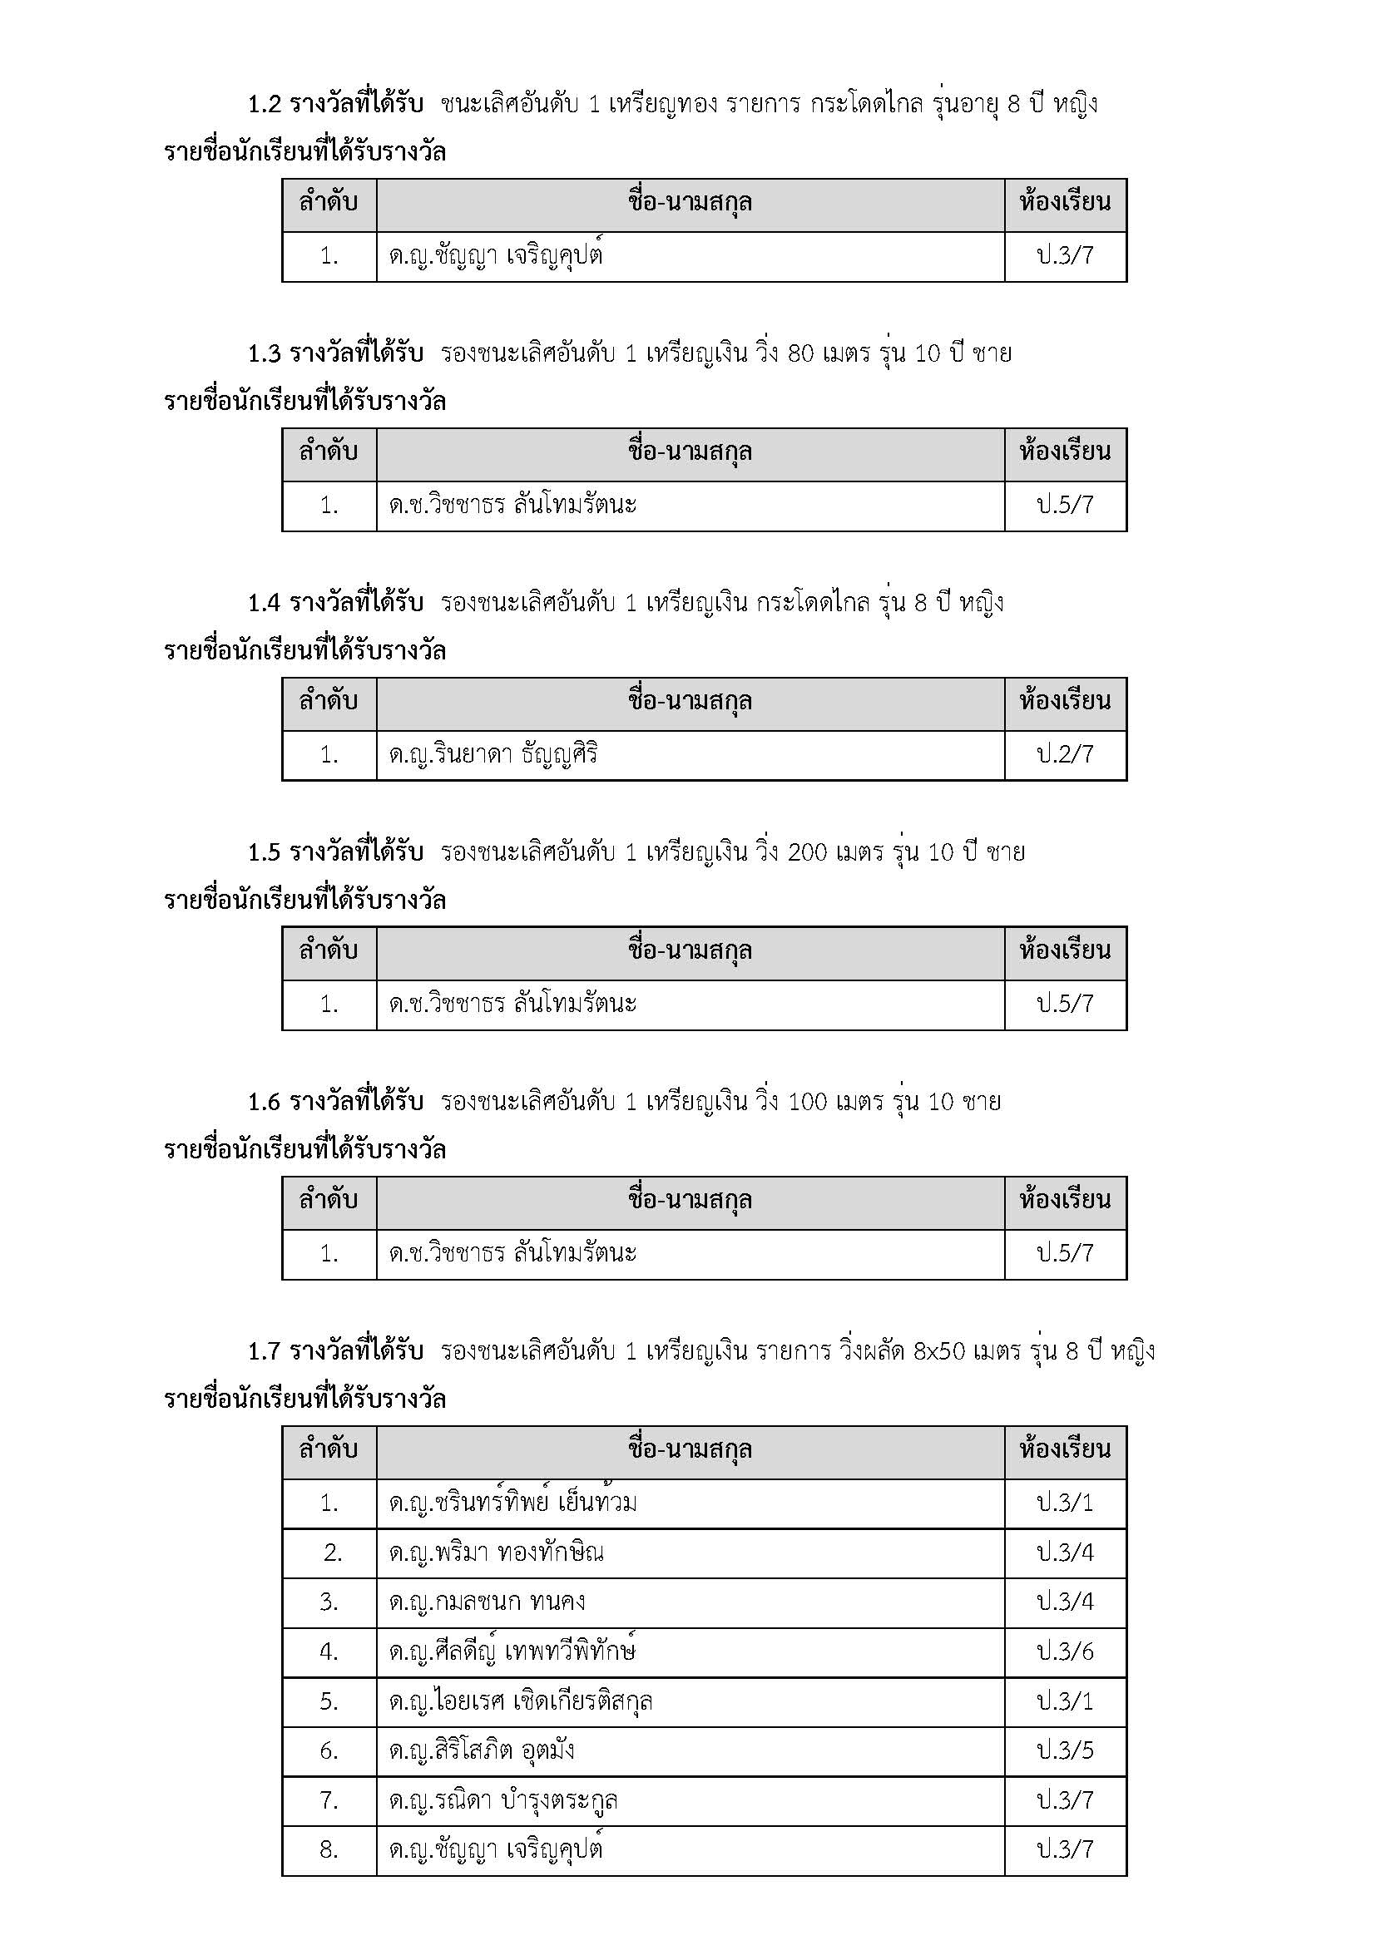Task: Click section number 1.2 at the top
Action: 264,104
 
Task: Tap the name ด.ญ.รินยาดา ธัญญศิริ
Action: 493,754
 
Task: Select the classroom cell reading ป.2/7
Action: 1065,754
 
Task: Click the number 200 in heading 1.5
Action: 807,852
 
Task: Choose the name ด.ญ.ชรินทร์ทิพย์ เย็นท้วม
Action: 512,1503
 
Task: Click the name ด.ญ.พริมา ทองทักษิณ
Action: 496,1553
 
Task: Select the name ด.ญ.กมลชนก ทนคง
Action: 487,1602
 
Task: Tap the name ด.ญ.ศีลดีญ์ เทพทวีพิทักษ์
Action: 512,1651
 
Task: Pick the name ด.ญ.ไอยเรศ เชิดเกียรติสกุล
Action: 520,1701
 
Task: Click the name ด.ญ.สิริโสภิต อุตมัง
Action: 481,1750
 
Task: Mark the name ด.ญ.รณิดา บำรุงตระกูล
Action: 503,1800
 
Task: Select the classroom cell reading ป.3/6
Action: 1065,1651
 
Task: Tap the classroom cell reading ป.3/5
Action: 1065,1750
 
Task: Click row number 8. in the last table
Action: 329,1849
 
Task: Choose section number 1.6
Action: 264,1102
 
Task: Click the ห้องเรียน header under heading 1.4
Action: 1065,702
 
